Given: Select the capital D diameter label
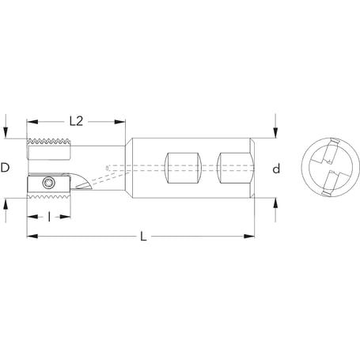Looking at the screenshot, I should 6,168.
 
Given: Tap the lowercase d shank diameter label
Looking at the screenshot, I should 276,169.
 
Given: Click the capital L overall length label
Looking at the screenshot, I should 142,237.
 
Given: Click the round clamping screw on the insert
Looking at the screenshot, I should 49,184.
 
